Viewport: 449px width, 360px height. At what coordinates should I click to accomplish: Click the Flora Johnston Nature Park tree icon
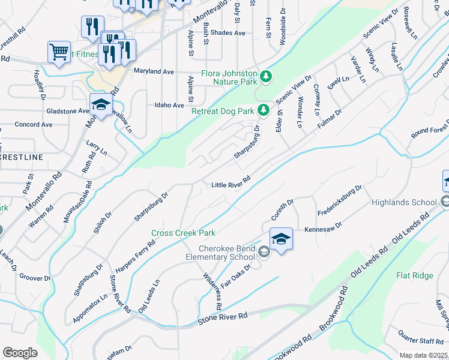266,76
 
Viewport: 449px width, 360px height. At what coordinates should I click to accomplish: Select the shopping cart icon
59,52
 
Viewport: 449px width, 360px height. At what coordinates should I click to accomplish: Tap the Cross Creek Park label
183,233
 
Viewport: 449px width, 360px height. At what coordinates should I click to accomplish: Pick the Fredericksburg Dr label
340,197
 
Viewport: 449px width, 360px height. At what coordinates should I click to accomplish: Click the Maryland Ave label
154,71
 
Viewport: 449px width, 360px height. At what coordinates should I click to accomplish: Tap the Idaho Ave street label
169,105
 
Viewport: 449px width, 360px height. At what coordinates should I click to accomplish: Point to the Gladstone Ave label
67,111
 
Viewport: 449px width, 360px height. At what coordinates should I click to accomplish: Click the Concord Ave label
34,125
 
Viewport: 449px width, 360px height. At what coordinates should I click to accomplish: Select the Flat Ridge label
414,275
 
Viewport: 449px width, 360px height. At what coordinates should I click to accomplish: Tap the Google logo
20,353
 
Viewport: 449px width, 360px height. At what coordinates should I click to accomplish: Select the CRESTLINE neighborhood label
22,157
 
